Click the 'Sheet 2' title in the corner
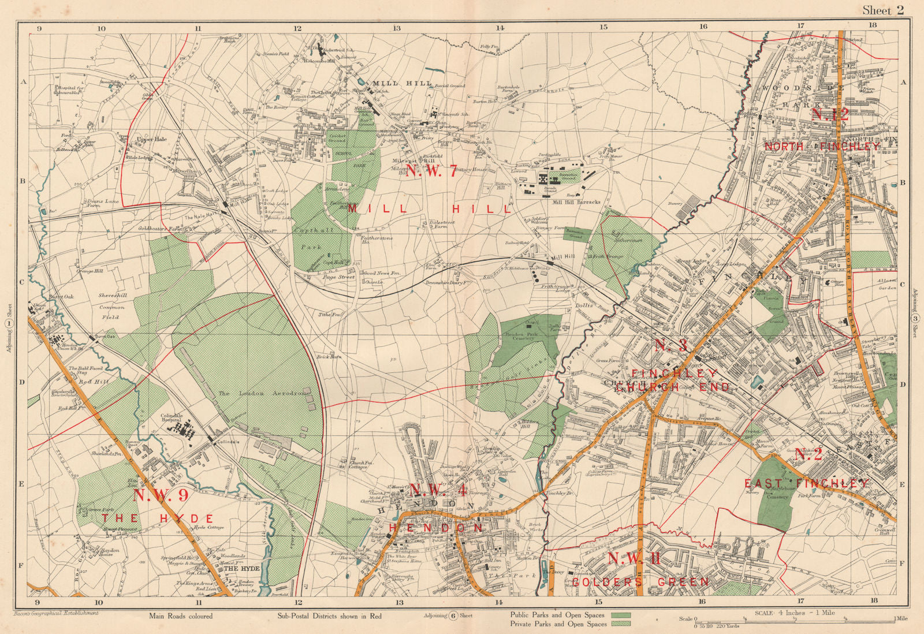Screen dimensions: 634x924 click(x=882, y=10)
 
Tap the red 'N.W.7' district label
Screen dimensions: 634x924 click(x=431, y=170)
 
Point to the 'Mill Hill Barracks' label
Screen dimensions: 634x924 click(x=576, y=203)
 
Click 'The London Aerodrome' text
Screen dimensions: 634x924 click(x=264, y=393)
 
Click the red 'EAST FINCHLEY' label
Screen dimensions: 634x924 click(x=806, y=483)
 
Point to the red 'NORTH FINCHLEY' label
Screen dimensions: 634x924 click(x=822, y=147)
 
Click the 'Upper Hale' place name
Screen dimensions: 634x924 click(x=152, y=139)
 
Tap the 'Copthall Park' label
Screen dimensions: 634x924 click(x=314, y=238)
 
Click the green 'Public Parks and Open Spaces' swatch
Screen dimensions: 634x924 click(x=620, y=616)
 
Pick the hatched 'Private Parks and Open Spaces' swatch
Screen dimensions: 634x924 click(x=620, y=624)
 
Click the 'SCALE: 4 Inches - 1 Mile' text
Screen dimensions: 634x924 click(x=795, y=613)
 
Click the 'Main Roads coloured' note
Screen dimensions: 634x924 click(x=181, y=616)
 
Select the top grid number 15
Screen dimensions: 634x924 click(x=603, y=27)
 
